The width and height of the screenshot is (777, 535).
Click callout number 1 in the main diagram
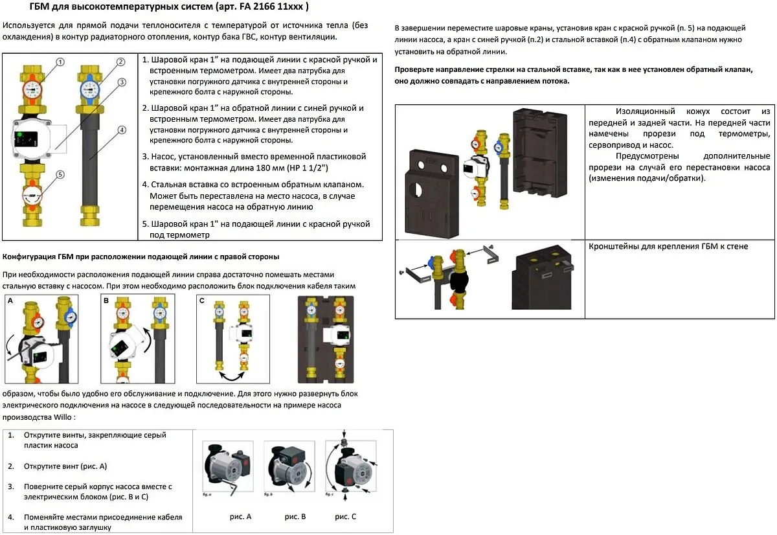pyautogui.click(x=60, y=63)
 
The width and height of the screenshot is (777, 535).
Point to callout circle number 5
pyautogui.click(x=60, y=174)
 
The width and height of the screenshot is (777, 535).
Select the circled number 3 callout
pyautogui.click(x=122, y=82)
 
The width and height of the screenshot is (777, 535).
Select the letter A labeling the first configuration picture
pyautogui.click(x=10, y=301)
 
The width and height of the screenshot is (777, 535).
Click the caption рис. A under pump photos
pyautogui.click(x=240, y=516)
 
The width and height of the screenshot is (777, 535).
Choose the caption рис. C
pyautogui.click(x=345, y=516)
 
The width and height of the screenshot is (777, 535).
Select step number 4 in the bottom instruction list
pyautogui.click(x=11, y=518)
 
